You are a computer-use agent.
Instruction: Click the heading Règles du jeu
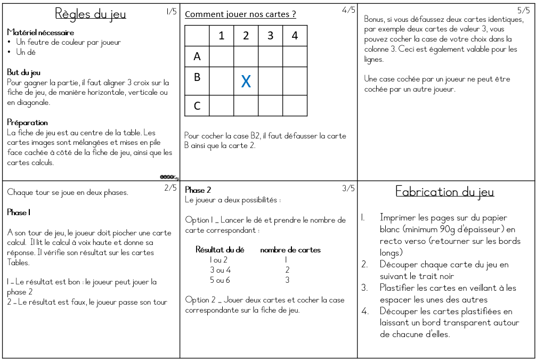click(x=91, y=14)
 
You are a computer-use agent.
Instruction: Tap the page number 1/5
click(x=171, y=11)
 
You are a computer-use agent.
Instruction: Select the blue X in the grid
click(x=246, y=81)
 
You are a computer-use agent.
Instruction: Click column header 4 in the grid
click(x=295, y=36)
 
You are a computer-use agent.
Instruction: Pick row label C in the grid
click(x=197, y=106)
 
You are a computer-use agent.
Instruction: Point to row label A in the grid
click(x=197, y=56)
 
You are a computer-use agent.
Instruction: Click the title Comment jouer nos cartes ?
click(x=240, y=14)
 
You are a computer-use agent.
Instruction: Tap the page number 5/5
click(x=523, y=10)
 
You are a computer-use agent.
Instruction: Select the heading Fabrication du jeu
click(x=445, y=192)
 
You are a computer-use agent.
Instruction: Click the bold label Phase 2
click(x=198, y=190)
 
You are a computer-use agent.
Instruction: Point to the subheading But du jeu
click(x=24, y=72)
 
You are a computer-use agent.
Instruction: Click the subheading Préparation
click(x=28, y=122)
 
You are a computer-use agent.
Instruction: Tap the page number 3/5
click(x=348, y=188)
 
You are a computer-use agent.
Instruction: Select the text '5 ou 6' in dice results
click(x=220, y=280)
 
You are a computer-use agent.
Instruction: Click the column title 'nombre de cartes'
click(x=290, y=250)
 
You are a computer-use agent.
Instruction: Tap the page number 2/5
click(x=170, y=188)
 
